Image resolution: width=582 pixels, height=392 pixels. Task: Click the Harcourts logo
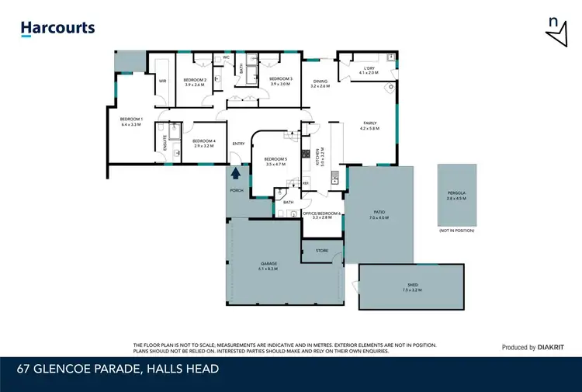[x=57, y=29]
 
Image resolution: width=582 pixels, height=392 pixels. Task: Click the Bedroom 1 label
[x=130, y=122]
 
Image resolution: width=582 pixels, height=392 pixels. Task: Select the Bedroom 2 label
[x=194, y=81]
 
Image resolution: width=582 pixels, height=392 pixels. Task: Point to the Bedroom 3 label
[x=280, y=81]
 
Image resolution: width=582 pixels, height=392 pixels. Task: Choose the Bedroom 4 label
[x=203, y=143]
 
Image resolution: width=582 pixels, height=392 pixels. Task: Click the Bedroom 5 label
[x=276, y=161]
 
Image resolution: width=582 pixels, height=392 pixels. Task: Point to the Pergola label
[x=456, y=196]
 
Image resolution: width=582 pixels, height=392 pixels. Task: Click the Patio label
[x=379, y=215]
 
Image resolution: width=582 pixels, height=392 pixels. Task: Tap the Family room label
[x=369, y=126]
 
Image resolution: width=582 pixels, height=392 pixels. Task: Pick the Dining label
[x=320, y=82]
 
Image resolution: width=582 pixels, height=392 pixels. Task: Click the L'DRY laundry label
[x=369, y=70]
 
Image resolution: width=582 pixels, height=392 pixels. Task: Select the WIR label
[x=163, y=81]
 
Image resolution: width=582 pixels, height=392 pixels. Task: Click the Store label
[x=321, y=251]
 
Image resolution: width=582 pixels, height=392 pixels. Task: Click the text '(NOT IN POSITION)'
[x=456, y=231]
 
